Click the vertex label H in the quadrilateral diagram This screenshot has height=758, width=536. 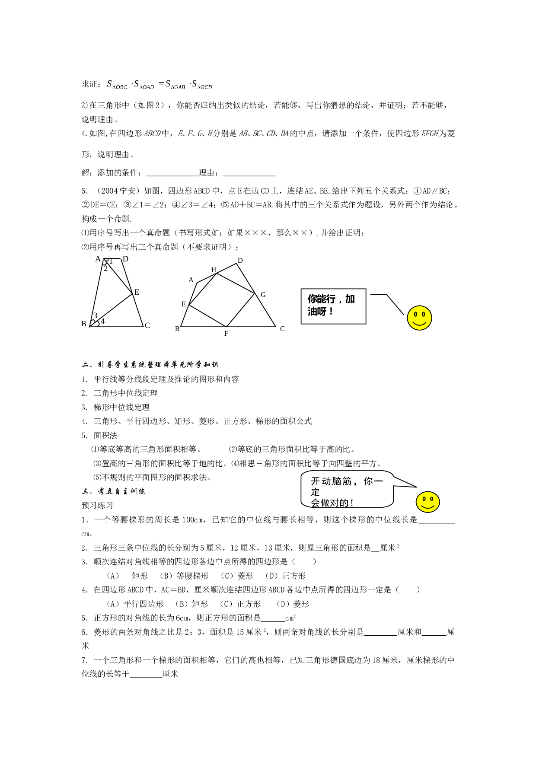(x=214, y=270)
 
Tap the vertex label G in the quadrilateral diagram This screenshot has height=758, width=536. (x=263, y=295)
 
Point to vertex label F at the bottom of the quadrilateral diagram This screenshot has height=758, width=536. (x=226, y=334)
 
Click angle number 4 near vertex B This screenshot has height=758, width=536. (x=102, y=321)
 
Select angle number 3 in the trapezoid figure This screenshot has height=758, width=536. (x=96, y=315)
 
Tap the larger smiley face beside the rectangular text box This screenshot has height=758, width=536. (x=419, y=318)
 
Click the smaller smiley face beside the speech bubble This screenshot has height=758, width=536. (x=428, y=502)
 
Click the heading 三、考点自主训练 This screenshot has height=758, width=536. (x=114, y=491)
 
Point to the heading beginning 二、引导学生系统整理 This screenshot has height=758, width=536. (x=150, y=365)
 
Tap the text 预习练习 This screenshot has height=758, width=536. (x=98, y=505)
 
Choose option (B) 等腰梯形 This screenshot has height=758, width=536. (x=184, y=576)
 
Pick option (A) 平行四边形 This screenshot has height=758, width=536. (x=135, y=604)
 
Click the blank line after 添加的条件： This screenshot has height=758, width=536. (x=172, y=175)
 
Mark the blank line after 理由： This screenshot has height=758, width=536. (x=249, y=175)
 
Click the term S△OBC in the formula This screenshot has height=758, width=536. (x=117, y=84)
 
